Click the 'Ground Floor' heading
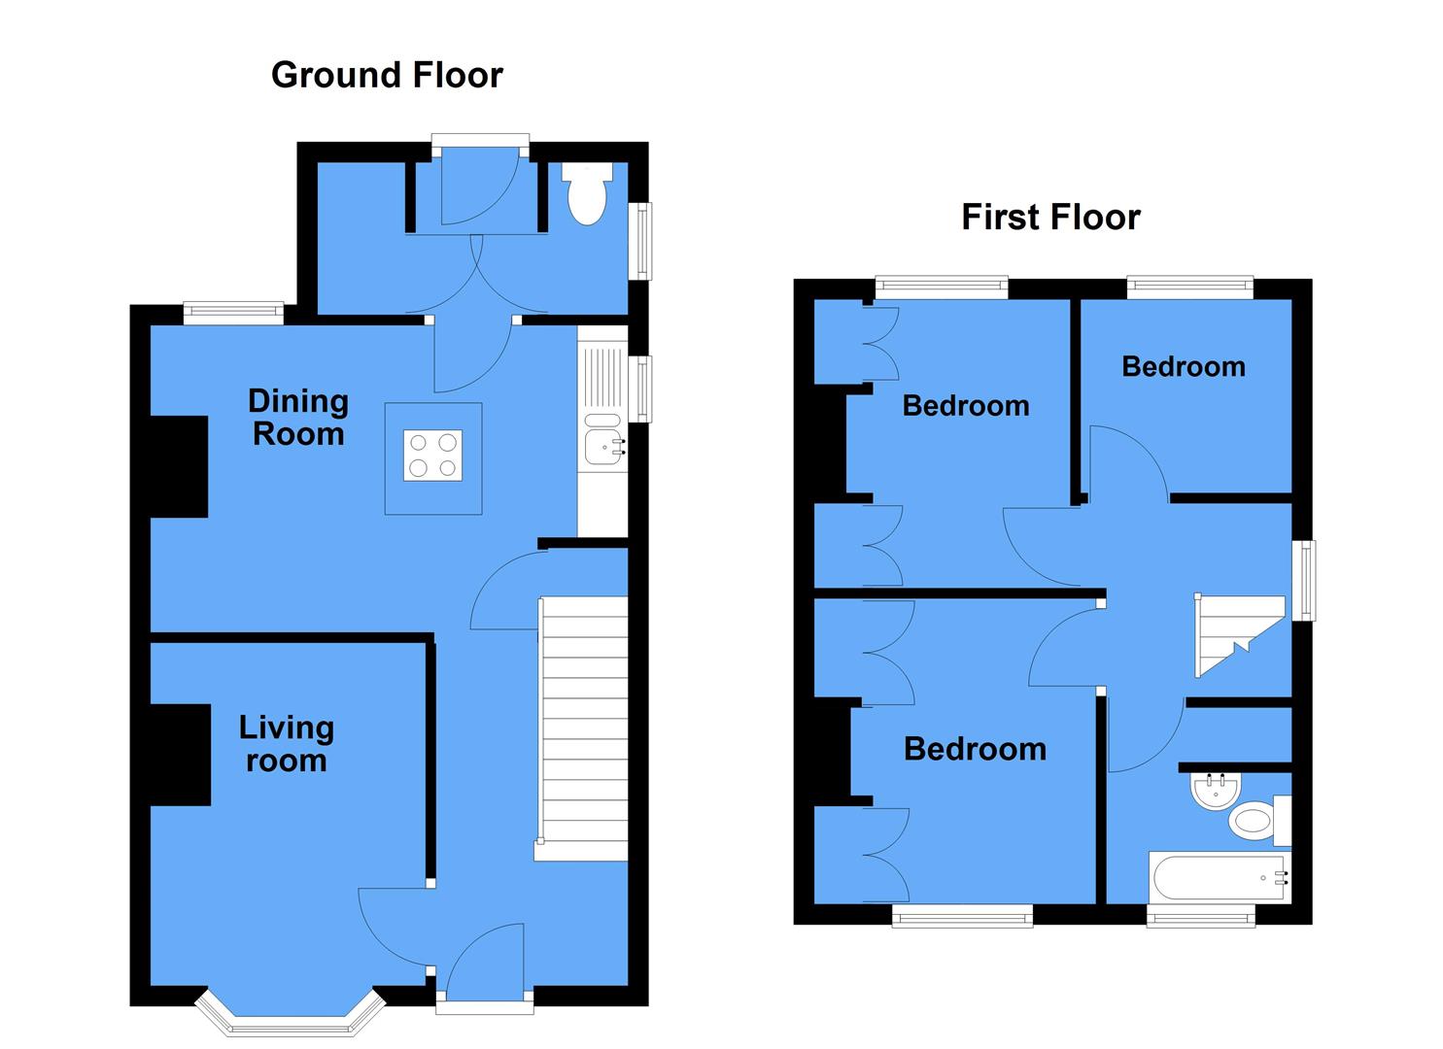pos(387,75)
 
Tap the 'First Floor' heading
pos(1050,217)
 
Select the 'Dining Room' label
pos(297,418)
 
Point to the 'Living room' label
pos(286,744)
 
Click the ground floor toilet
pos(587,194)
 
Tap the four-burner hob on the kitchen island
pos(433,456)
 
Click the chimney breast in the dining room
pos(179,466)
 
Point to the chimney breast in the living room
pos(181,755)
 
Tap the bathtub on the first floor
pos(1220,878)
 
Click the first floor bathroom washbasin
pos(1212,791)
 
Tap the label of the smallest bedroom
pos(1183,366)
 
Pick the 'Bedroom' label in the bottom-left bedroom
pos(975,749)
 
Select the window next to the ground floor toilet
pos(641,240)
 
